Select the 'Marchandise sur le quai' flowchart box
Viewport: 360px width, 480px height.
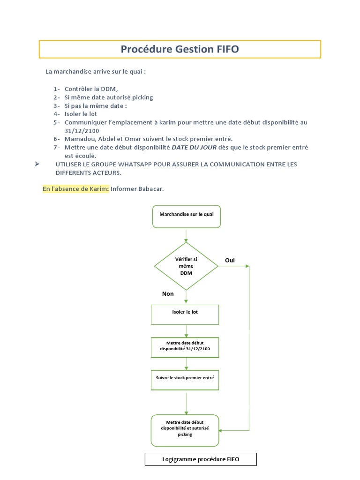[187, 217]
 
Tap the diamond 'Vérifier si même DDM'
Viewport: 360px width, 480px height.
[186, 266]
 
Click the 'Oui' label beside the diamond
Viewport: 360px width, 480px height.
[230, 260]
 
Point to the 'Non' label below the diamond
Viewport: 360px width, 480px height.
[168, 294]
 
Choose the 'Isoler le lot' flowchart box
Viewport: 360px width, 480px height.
[185, 314]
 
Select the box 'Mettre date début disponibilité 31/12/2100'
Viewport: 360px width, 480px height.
[185, 347]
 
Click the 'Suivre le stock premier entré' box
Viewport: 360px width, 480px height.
[185, 380]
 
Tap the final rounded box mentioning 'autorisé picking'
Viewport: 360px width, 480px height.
[185, 430]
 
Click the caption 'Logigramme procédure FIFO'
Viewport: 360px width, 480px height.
[201, 459]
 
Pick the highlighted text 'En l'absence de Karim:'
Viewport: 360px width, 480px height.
[76, 188]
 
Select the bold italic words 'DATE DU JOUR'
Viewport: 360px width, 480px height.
[194, 148]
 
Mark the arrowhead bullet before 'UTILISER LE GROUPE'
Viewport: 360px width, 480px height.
[37, 164]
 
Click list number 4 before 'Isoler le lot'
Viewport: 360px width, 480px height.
[56, 114]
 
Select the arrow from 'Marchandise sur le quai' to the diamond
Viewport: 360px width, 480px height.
[187, 235]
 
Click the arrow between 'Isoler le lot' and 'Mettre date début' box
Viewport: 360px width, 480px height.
[187, 331]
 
